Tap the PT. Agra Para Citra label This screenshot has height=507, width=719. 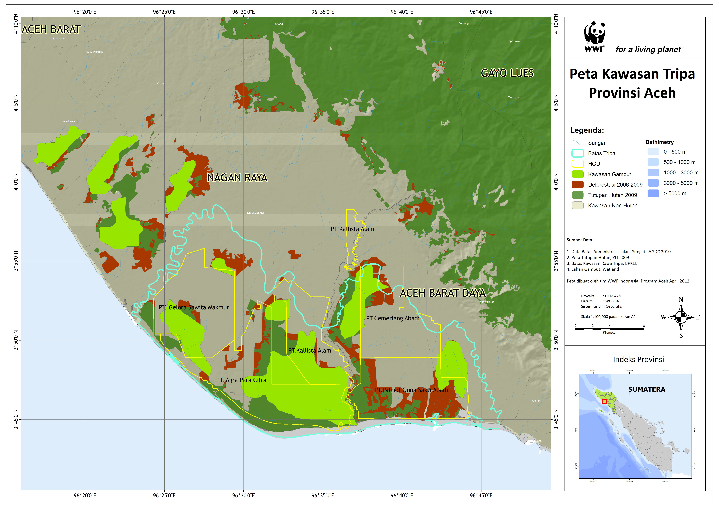[241, 380]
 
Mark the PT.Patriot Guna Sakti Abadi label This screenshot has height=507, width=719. [411, 390]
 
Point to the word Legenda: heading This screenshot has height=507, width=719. [587, 130]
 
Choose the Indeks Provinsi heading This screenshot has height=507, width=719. [638, 359]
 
